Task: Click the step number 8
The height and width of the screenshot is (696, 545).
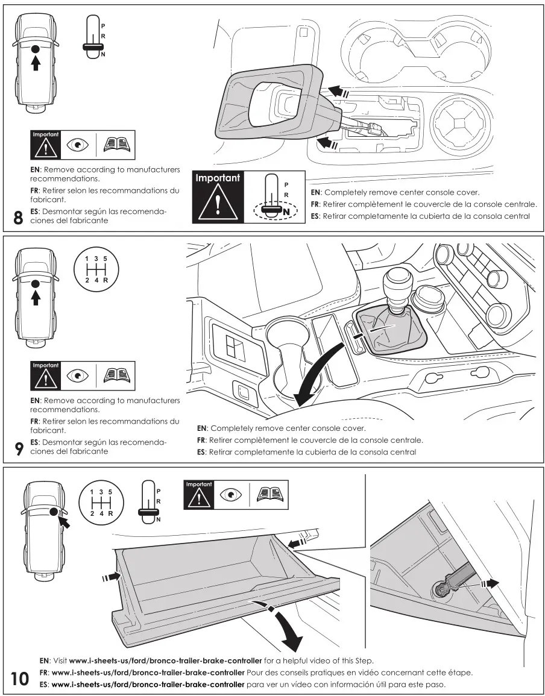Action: coord(18,218)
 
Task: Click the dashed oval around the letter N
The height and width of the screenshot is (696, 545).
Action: coord(276,210)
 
